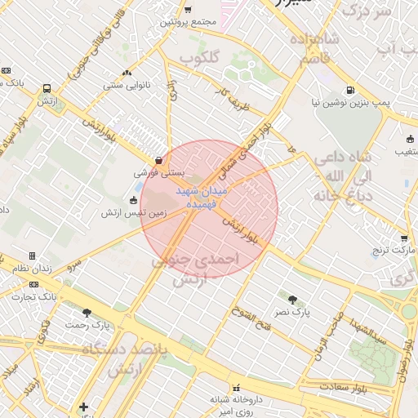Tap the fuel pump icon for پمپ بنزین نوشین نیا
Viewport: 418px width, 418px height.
[x=349, y=91]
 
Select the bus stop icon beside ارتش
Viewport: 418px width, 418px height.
[x=46, y=88]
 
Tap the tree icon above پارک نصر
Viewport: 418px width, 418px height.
[x=291, y=300]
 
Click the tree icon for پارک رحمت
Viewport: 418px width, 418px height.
[x=87, y=313]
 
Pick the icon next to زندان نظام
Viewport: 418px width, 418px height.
[x=32, y=256]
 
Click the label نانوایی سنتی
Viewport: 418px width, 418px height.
[x=123, y=84]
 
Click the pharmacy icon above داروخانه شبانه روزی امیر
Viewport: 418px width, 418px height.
[x=236, y=388]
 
